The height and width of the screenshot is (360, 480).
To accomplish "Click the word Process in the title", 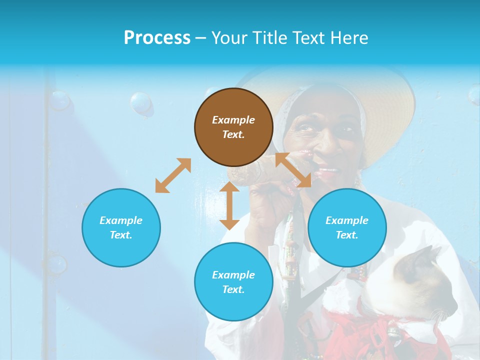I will [157, 38].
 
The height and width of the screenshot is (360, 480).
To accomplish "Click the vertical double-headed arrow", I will [229, 205].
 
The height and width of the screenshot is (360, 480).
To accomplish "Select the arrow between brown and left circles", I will [173, 175].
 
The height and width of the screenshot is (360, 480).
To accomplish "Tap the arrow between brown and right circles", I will [293, 170].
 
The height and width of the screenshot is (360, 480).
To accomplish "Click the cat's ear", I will [431, 252].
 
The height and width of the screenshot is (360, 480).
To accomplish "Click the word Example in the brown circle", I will [233, 120].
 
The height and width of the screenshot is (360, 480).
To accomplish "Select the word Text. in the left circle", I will [121, 235].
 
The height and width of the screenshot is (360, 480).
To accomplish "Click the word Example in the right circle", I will [347, 220].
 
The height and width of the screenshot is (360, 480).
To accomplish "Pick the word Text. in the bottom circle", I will [233, 289].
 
